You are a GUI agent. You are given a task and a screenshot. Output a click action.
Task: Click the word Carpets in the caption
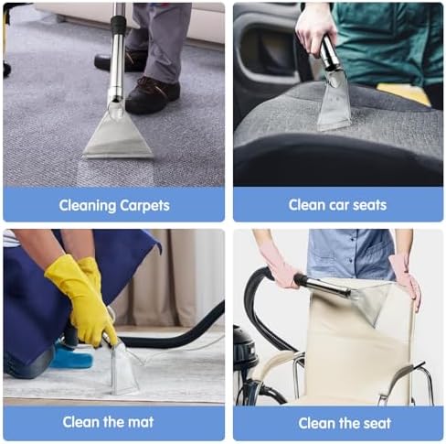pyautogui.click(x=144, y=206)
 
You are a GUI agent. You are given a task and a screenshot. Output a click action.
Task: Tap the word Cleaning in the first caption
pyautogui.click(x=88, y=206)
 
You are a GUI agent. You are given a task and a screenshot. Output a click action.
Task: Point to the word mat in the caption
pyautogui.click(x=141, y=422)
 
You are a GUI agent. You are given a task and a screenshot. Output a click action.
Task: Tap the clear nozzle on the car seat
pyautogui.click(x=334, y=100)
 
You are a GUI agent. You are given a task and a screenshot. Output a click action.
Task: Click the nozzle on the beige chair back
pyautogui.click(x=371, y=303)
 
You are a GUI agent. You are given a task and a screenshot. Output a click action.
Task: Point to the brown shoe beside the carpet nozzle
pyautogui.click(x=152, y=95)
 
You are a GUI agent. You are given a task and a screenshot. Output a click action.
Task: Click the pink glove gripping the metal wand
pyautogui.click(x=281, y=267)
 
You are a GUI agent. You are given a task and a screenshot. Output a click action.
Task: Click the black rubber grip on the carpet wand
pyautogui.click(x=118, y=26)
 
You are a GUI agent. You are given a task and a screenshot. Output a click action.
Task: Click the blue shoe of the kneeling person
pyautogui.click(x=72, y=356)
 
